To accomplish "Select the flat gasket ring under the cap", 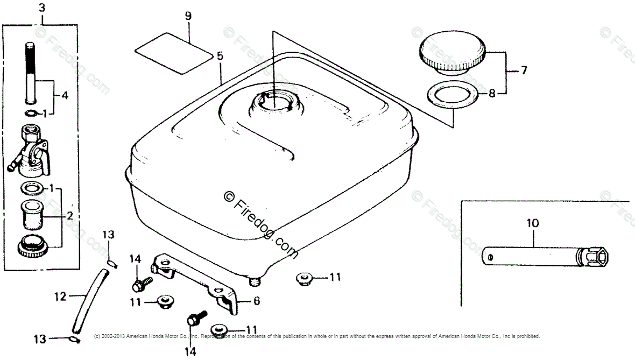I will tap(453, 96).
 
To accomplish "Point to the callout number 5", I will tap(220, 55).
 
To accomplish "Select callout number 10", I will tap(524, 70).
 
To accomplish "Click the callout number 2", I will tap(69, 216).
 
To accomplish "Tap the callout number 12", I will tap(60, 295).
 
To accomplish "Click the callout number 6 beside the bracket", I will tap(256, 301).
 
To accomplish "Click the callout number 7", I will tap(524, 70).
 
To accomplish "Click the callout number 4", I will tap(65, 96).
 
